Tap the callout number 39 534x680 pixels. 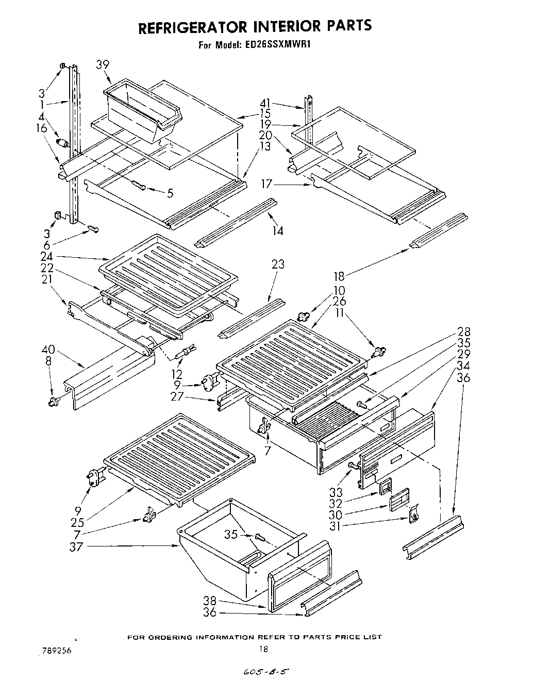pos(103,64)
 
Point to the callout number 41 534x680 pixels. pos(266,103)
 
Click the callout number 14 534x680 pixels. pos(278,231)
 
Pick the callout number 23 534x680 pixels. pos(278,264)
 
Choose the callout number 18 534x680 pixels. pos(339,276)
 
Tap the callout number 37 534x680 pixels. pos(76,546)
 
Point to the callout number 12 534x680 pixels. pos(177,374)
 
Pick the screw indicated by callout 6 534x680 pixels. pos(93,228)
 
